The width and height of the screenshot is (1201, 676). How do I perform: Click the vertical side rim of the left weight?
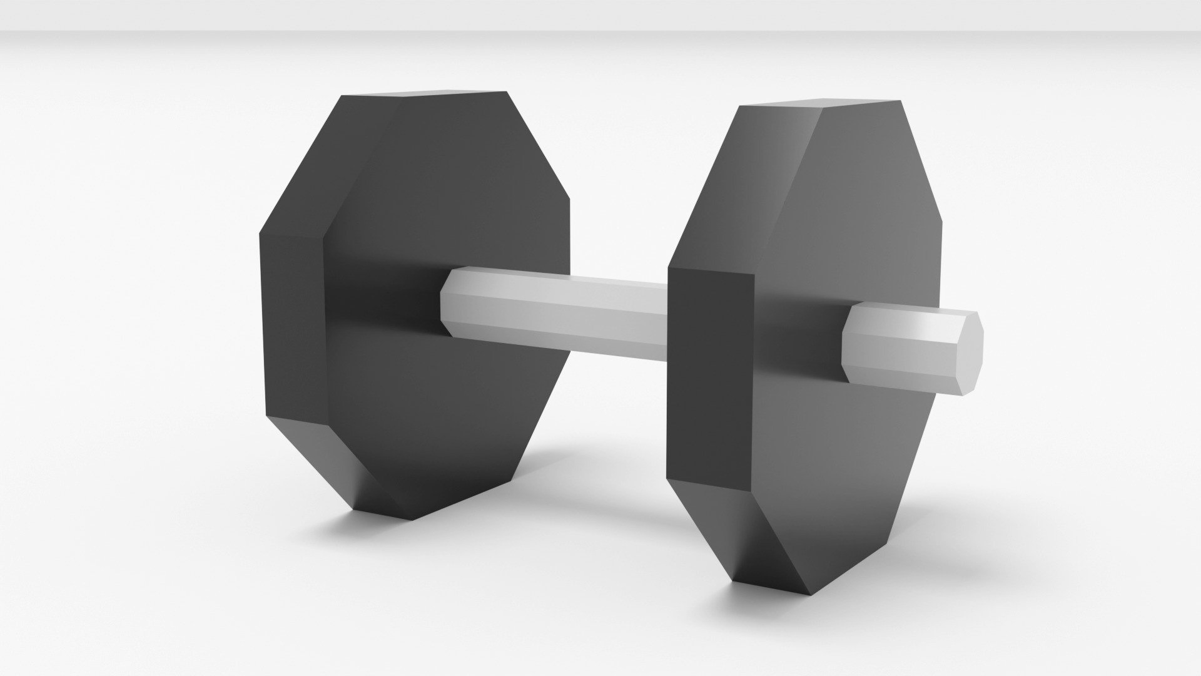pyautogui.click(x=293, y=325)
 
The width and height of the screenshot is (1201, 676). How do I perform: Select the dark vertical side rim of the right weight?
pyautogui.click(x=710, y=376)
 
